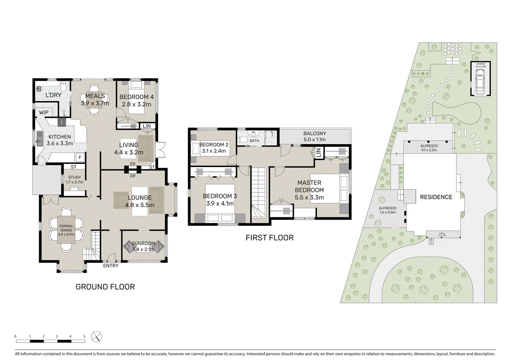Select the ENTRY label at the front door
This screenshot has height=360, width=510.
110,266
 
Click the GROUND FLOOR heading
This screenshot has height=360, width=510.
105,287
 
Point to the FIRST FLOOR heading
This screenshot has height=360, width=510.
270,238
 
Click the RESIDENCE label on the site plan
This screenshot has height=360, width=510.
436,197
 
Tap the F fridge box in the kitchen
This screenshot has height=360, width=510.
80,157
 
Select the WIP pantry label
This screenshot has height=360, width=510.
44,113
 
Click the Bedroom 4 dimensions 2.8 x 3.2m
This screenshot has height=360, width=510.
136,104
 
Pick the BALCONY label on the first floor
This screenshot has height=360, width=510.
315,133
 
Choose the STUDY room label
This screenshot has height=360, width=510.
74,177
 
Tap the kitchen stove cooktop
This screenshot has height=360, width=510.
62,122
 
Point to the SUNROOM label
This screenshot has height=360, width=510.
143,243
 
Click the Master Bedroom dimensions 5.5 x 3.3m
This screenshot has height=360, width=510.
309,197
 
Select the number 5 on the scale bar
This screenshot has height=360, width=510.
84,336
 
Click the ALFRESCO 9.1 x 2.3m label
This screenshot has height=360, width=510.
429,146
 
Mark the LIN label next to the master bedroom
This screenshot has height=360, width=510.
318,153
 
